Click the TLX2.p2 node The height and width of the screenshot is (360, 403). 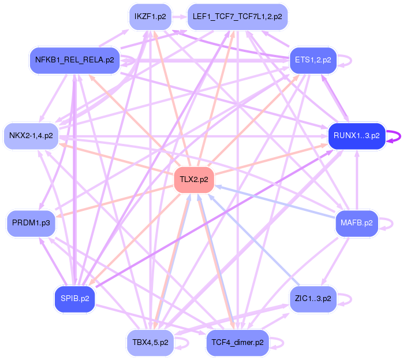(x=194, y=180)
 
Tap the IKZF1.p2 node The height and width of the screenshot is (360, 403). (x=150, y=17)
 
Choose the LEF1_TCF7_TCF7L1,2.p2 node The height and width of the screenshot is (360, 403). (x=237, y=17)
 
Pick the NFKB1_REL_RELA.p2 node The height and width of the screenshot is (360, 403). (x=74, y=60)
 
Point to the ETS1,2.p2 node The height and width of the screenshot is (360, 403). (x=312, y=60)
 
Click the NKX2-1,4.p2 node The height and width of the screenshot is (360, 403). (x=31, y=136)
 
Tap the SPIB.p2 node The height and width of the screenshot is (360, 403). (x=74, y=299)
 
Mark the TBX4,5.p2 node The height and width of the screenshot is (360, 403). (x=150, y=342)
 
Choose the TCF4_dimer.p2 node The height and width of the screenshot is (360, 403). (x=237, y=342)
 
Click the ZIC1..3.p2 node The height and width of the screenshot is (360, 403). (x=312, y=299)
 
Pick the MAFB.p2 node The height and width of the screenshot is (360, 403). (x=356, y=222)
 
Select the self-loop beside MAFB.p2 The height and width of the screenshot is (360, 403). (x=393, y=222)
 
